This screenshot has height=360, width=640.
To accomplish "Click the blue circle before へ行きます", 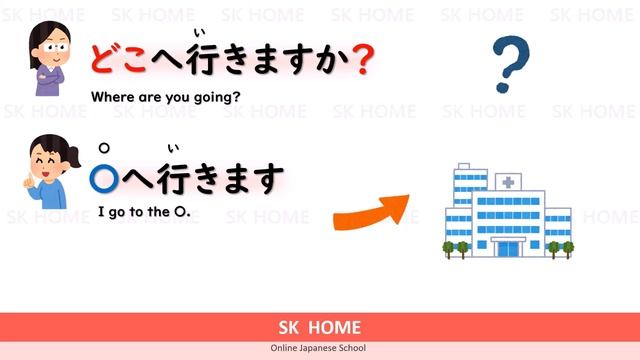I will pos(103,178).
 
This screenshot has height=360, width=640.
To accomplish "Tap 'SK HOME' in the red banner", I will pos(320,327).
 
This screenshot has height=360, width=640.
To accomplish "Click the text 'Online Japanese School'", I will pos(320,349).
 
